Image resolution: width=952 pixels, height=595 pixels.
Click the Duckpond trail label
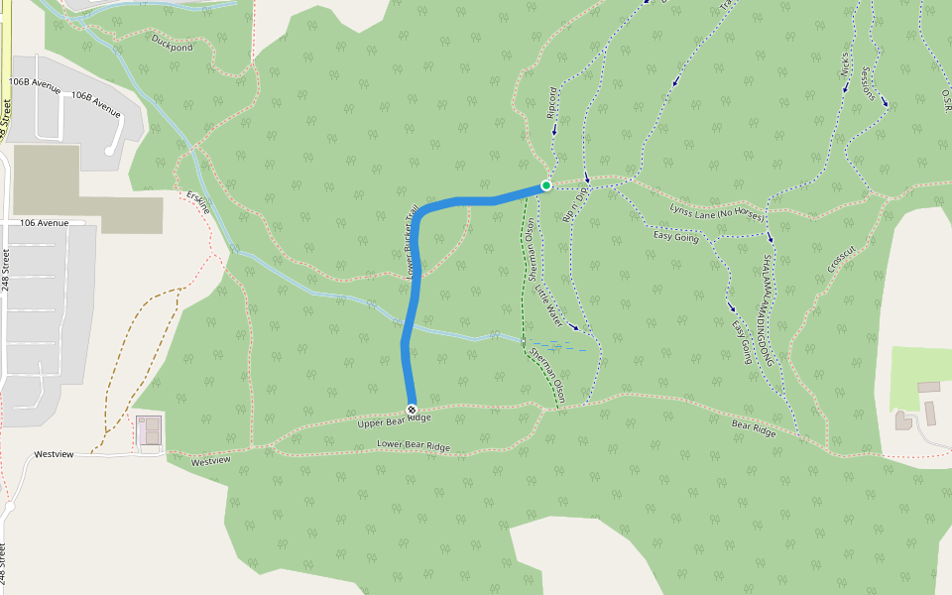pos(173,46)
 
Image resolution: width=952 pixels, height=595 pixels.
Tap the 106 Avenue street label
pos(45,223)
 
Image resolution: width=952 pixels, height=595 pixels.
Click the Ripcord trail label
pos(552,104)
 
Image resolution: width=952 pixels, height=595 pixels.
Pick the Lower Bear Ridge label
pos(414,445)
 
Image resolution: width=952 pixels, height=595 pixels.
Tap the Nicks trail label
pos(845,65)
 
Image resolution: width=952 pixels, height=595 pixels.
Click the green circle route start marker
pos(545,185)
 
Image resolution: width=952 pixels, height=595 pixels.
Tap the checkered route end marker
pos(412,410)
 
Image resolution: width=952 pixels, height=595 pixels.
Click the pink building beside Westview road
pos(150,431)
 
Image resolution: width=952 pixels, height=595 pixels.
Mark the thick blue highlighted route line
pos(409,317)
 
